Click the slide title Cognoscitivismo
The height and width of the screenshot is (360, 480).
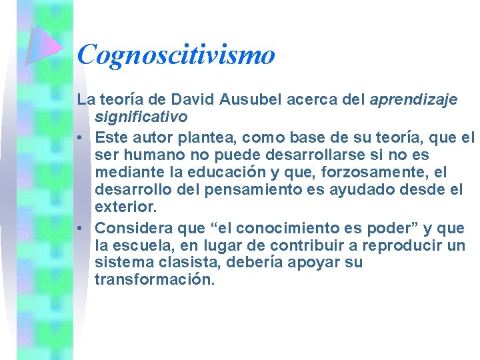[x=176, y=55]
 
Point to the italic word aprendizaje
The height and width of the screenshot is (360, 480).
[x=413, y=100]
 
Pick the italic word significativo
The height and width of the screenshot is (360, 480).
[x=141, y=117]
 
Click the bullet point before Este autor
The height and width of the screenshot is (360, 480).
[x=80, y=139]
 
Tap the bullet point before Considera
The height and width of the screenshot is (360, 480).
[x=80, y=229]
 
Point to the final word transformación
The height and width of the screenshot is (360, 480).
[x=155, y=279]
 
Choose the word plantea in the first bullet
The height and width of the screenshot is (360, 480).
[x=212, y=138]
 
